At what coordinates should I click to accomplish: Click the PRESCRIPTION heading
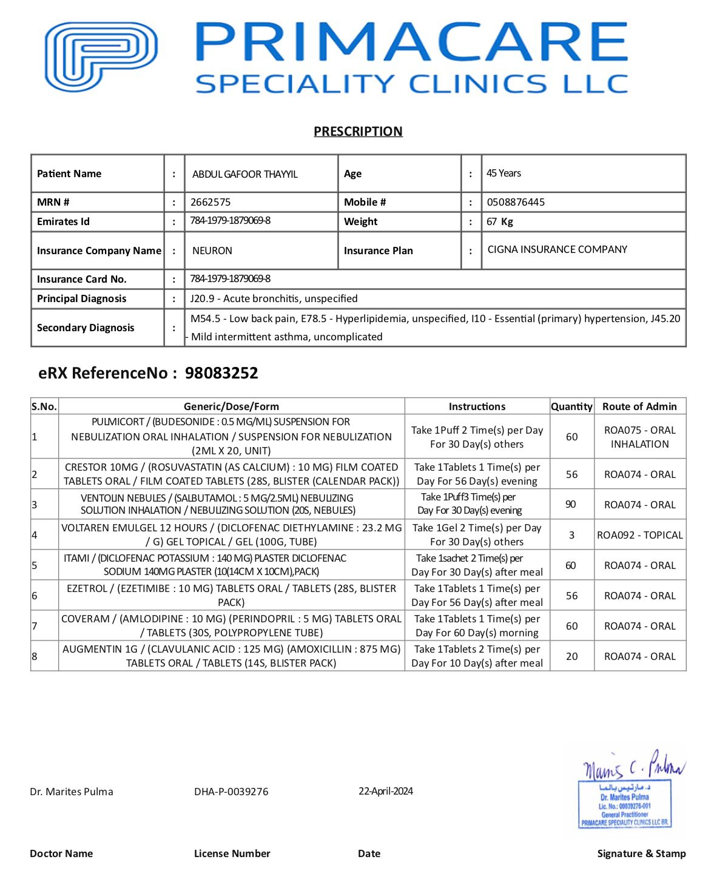[358, 132]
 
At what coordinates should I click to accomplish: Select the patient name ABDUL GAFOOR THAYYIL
[245, 174]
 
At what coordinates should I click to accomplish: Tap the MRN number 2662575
[210, 202]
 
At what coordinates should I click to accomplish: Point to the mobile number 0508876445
[516, 202]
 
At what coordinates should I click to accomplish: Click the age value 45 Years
[504, 173]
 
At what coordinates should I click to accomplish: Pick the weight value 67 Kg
[500, 221]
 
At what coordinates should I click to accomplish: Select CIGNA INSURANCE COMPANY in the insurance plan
[557, 249]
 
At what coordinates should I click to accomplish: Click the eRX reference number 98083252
[221, 373]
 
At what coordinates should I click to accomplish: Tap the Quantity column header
[571, 406]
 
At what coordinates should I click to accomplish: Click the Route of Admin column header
[639, 406]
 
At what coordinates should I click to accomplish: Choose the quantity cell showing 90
[571, 504]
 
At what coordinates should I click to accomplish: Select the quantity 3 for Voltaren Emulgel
[571, 535]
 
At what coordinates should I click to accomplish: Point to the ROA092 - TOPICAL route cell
[639, 535]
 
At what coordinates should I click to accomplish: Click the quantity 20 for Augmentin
[571, 656]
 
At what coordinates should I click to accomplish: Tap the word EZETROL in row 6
[87, 588]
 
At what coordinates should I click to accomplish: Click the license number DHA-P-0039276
[231, 792]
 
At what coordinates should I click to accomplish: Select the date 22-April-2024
[386, 791]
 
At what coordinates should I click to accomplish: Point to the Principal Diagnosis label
[82, 298]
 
